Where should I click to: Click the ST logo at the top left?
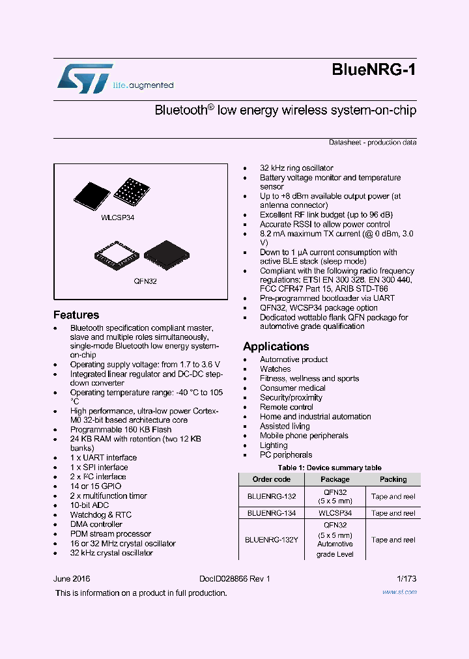click(x=85, y=79)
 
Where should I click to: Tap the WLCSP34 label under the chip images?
click(x=117, y=218)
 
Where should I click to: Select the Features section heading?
click(x=76, y=315)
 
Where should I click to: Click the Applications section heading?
click(x=276, y=346)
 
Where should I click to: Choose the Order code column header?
click(x=272, y=479)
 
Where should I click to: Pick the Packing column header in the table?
click(x=393, y=479)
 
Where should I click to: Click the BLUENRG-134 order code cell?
click(x=272, y=513)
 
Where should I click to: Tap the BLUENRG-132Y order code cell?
click(x=272, y=539)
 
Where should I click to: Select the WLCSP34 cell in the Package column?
click(x=335, y=513)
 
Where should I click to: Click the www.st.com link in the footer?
click(x=399, y=592)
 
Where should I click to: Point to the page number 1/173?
click(x=406, y=579)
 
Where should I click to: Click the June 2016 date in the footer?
click(x=72, y=579)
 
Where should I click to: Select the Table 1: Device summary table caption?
click(x=330, y=468)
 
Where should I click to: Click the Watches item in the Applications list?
click(x=276, y=369)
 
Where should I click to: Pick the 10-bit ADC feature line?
click(x=90, y=505)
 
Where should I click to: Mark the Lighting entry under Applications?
click(x=274, y=445)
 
